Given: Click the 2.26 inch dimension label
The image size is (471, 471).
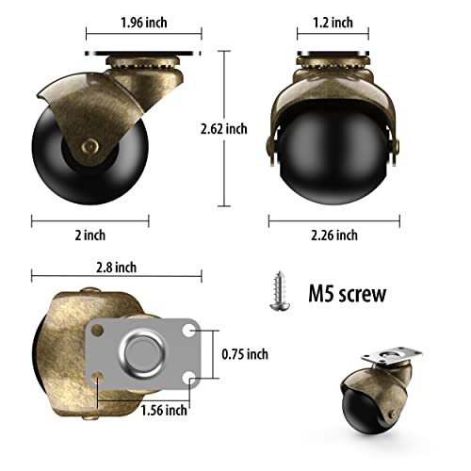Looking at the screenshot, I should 333,235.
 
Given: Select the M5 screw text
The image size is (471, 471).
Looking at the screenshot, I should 348,294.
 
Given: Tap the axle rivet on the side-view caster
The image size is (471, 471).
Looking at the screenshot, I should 88,144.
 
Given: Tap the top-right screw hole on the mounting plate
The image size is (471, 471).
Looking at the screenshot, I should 191,332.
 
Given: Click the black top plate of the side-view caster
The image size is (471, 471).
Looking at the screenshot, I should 141,53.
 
